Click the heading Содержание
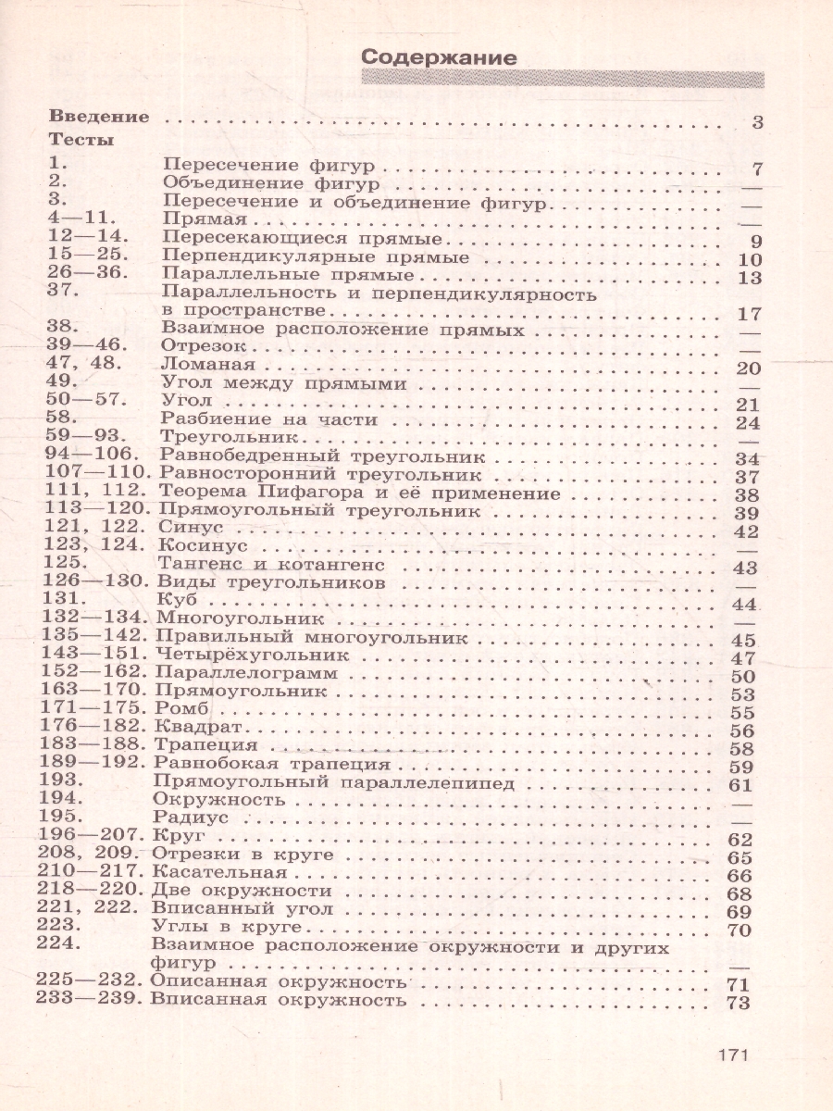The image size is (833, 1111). point(438,56)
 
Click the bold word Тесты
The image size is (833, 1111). point(81,141)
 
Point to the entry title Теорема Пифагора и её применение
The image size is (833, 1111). point(360,493)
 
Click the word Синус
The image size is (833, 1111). point(187,530)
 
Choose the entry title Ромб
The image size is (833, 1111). point(183,710)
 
